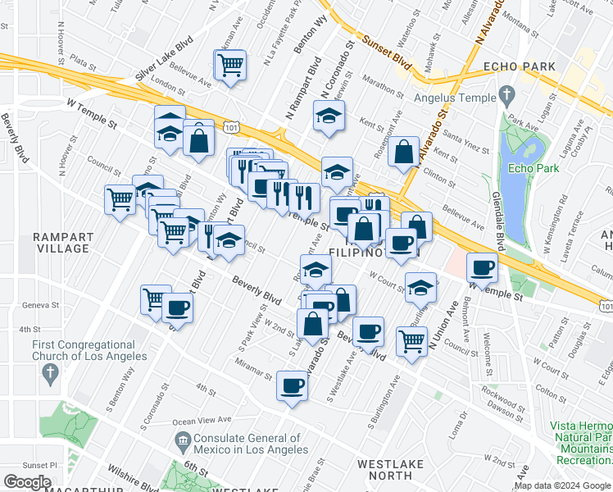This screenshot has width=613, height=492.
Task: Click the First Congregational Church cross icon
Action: (51, 373)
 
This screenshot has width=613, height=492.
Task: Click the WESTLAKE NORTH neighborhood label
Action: (391, 470)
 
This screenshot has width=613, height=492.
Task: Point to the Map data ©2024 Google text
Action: (561, 485)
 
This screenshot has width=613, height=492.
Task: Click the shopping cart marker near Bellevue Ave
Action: (230, 65)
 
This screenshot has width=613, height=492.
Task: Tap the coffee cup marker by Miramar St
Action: (292, 386)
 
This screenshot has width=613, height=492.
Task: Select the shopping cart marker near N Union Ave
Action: (411, 340)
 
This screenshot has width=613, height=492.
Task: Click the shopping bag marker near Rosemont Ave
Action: (403, 153)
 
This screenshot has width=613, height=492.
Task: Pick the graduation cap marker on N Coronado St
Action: (329, 116)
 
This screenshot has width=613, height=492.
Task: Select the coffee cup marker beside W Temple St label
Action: (482, 267)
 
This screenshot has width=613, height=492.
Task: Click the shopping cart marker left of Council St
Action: (120, 198)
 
